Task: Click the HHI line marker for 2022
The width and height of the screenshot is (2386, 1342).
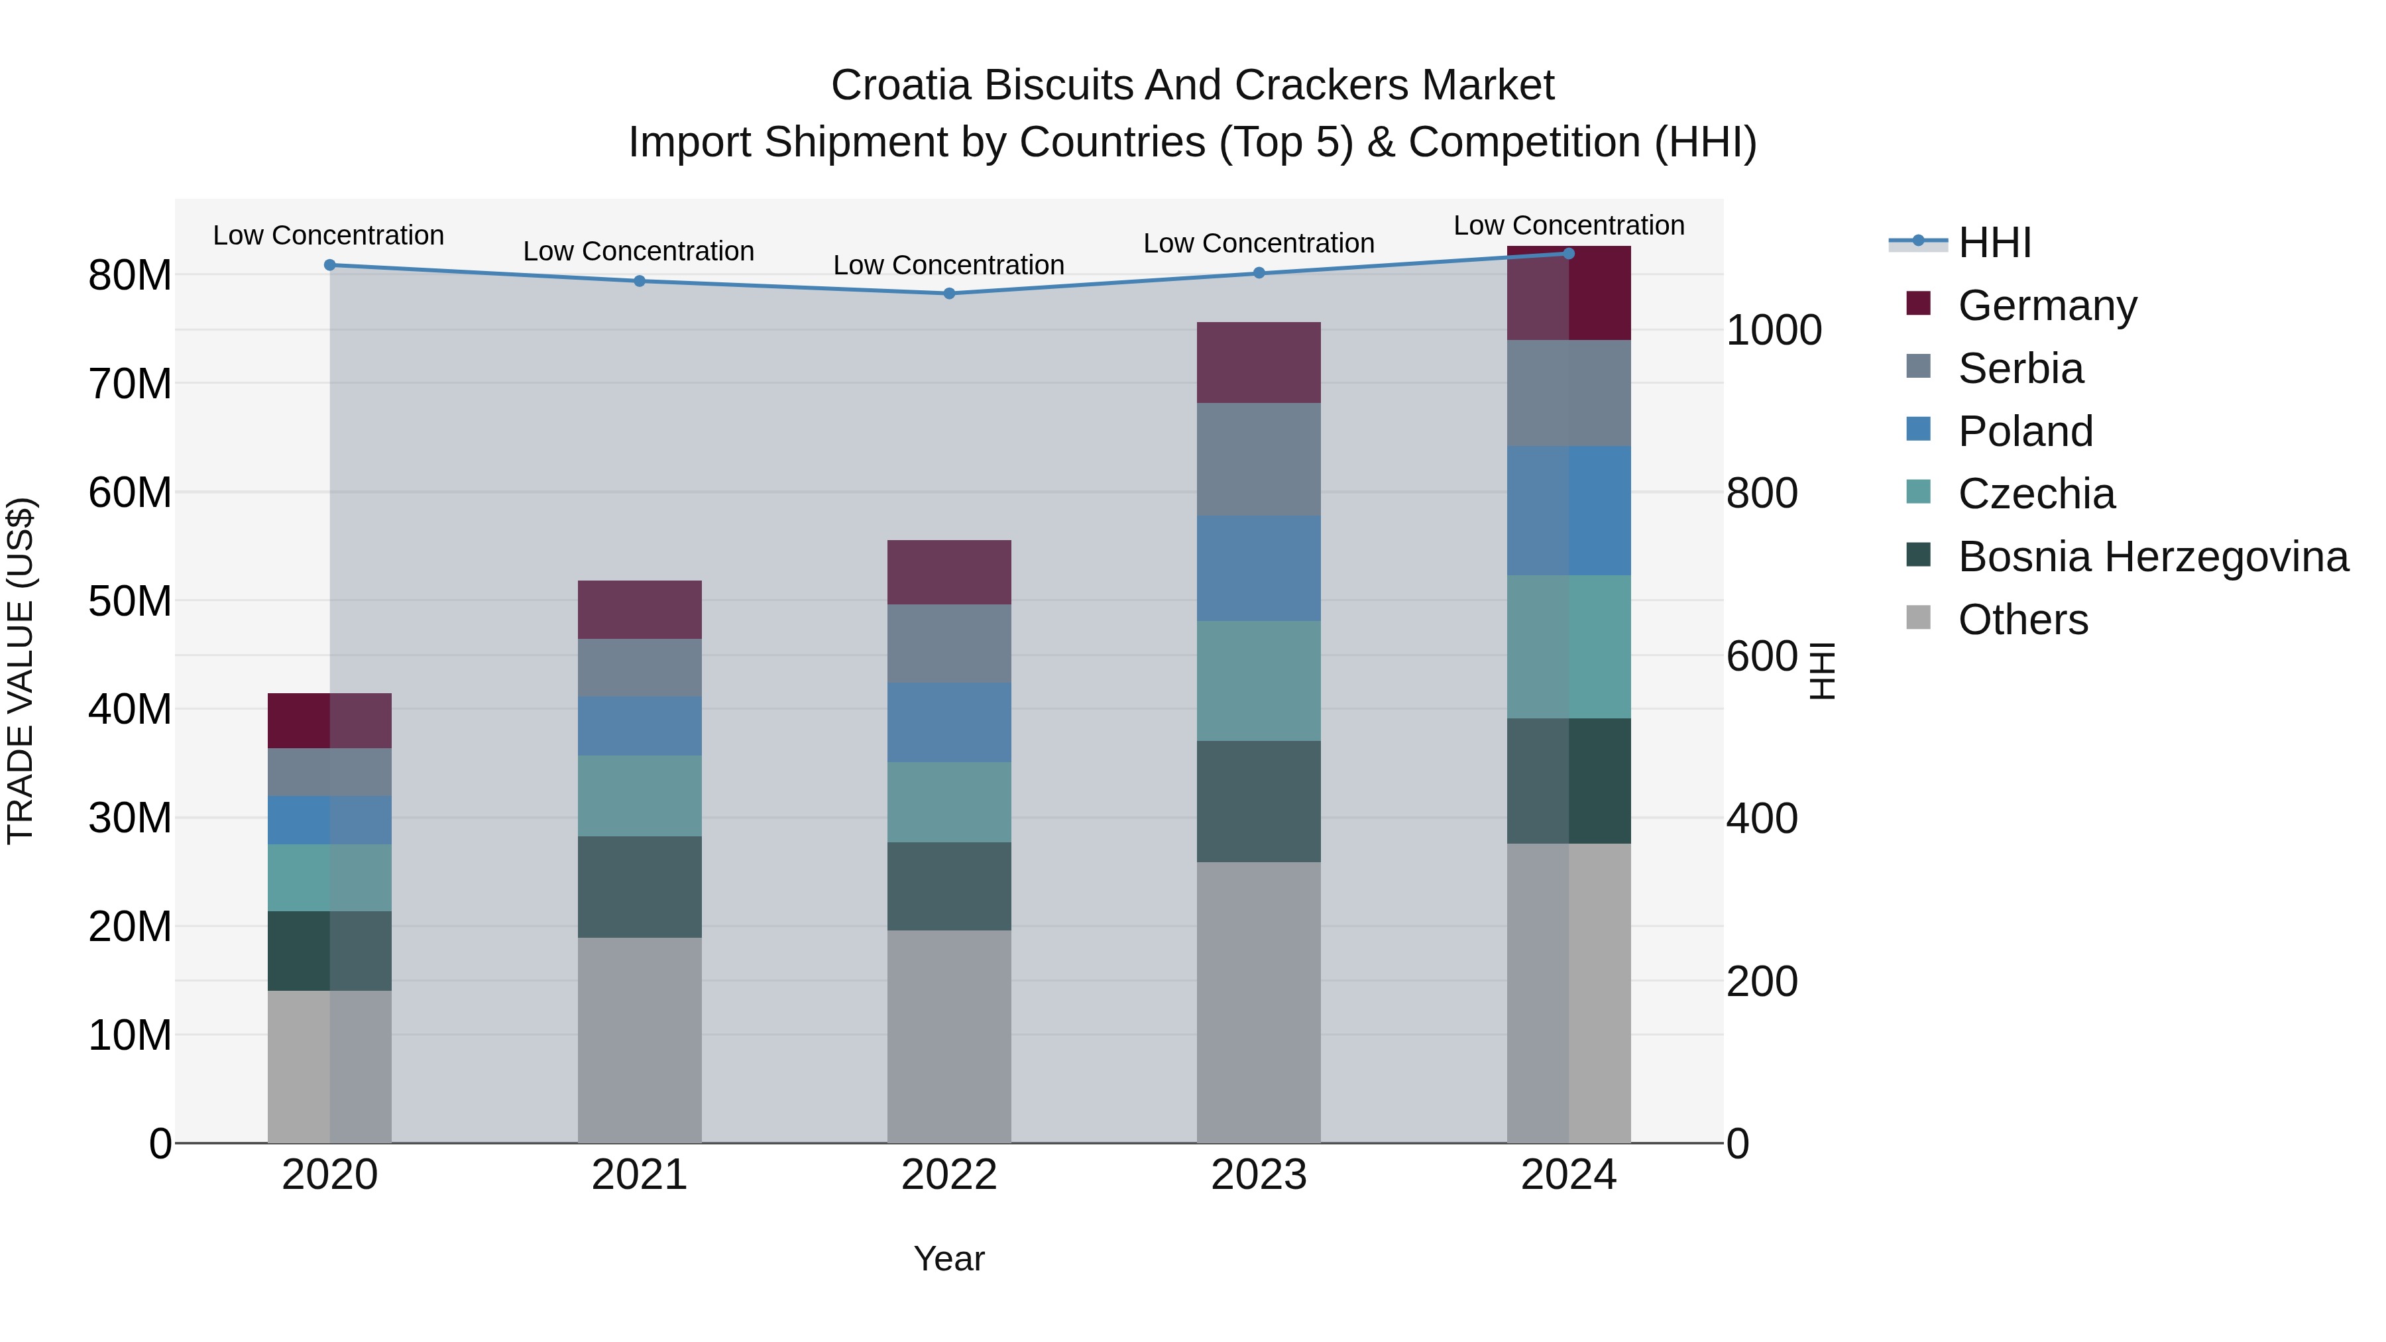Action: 949,294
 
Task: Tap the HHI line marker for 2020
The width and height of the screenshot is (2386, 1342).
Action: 330,265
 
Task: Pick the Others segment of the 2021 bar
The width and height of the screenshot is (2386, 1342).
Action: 639,1039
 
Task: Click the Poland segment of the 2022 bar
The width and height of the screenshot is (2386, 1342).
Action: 949,722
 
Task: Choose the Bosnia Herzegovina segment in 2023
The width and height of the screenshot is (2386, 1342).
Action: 1259,801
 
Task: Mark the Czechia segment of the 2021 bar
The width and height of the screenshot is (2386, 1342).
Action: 639,795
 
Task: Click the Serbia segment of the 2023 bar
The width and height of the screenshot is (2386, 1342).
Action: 1259,459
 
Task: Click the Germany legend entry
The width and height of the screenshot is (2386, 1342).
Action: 2047,306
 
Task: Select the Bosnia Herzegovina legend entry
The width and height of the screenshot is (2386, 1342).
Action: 2153,557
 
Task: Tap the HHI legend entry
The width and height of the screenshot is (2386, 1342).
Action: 1994,243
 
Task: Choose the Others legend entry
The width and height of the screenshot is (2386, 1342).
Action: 2023,620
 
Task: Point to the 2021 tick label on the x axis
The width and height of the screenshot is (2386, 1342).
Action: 639,1175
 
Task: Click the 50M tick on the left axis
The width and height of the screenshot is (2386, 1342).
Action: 130,601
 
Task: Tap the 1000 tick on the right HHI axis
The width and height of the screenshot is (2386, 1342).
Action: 1774,331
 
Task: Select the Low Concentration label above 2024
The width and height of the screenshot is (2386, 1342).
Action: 1568,225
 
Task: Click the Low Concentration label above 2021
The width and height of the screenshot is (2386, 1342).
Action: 638,251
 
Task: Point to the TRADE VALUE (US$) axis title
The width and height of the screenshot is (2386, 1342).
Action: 21,671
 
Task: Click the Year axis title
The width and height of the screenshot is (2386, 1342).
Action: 949,1258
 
